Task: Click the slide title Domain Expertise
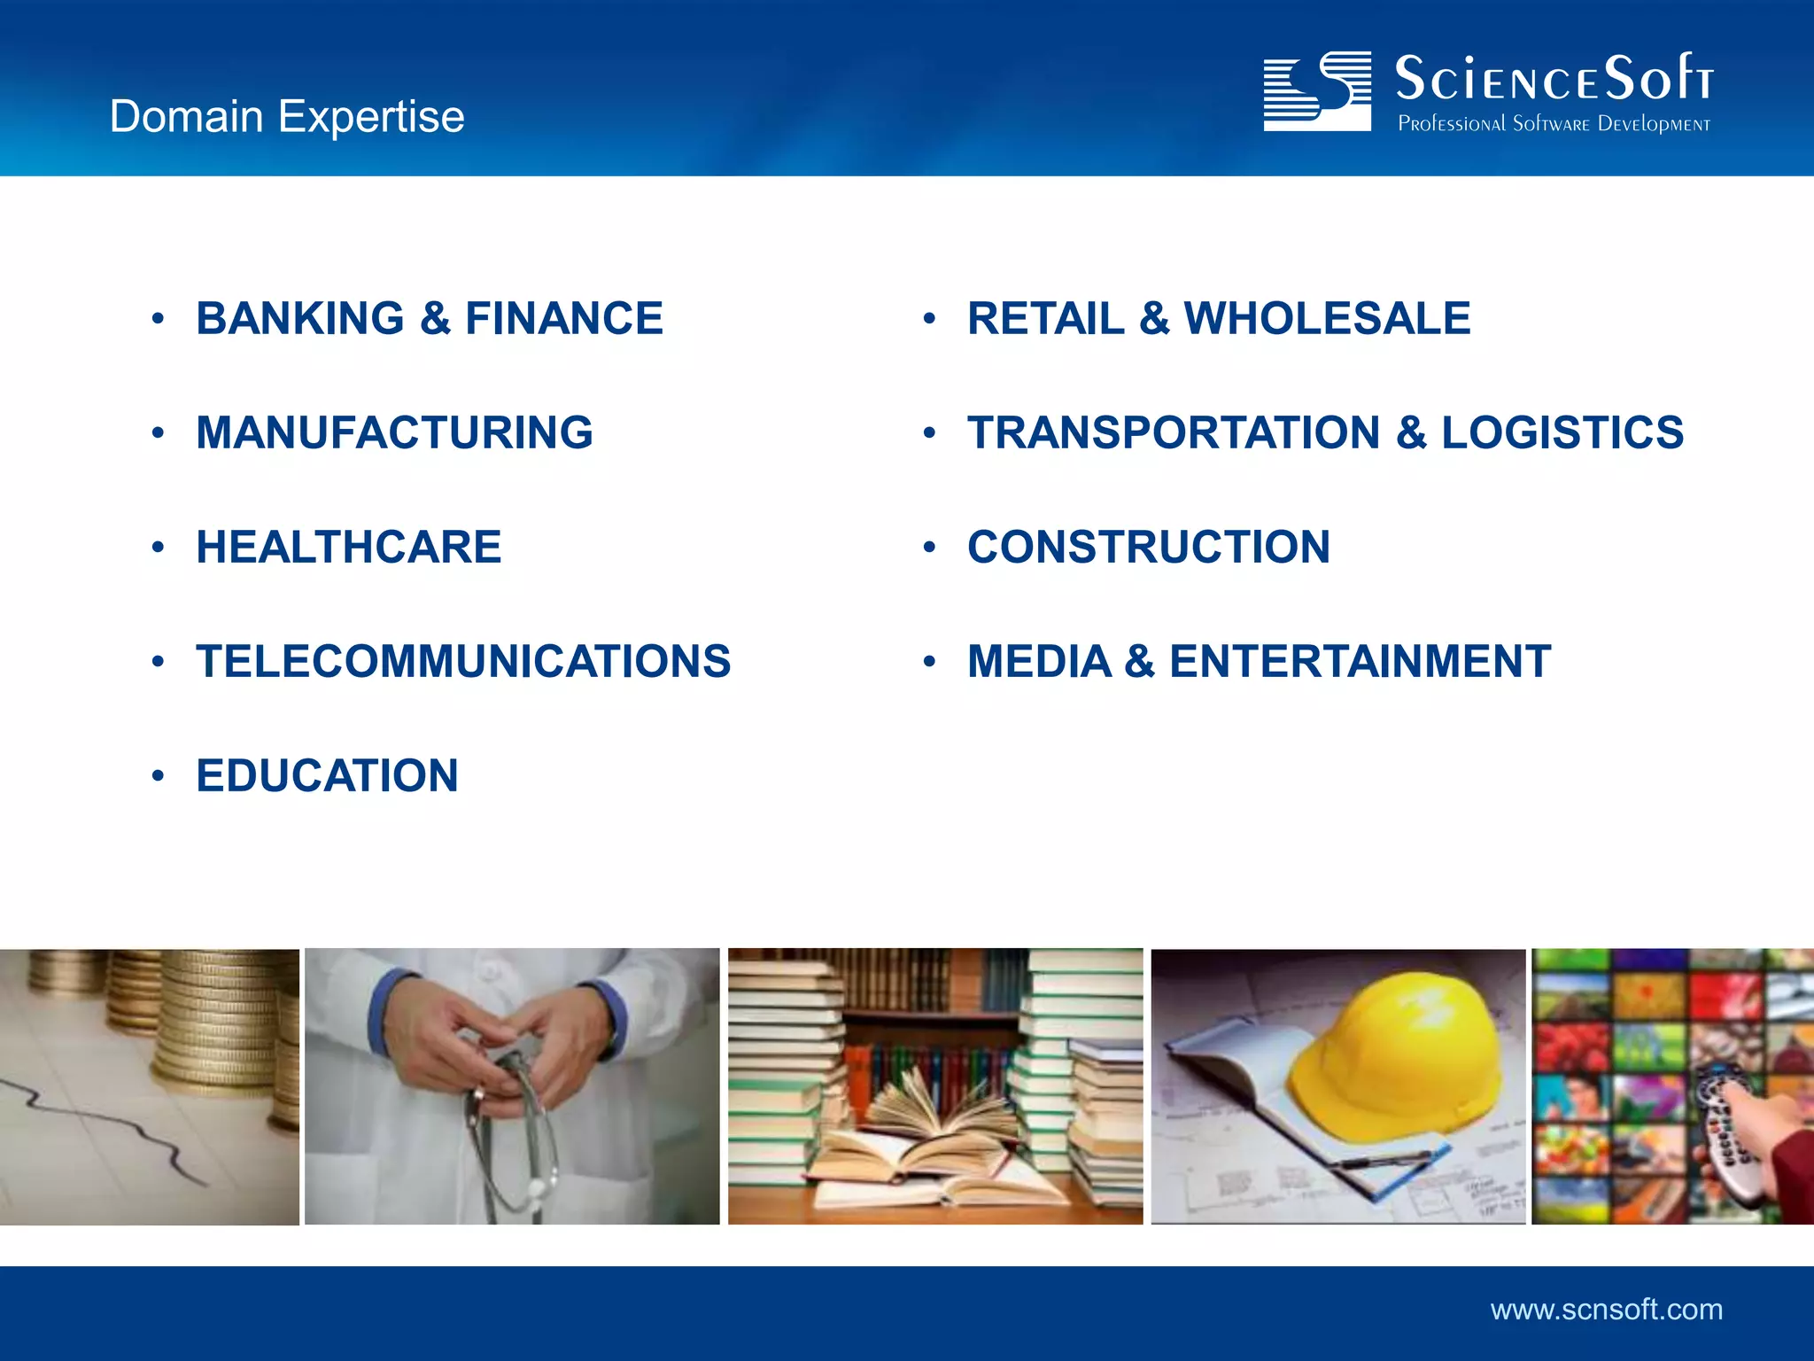pyautogui.click(x=287, y=117)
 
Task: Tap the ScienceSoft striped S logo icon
pyautogui.click(x=1317, y=91)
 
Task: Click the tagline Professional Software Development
pyautogui.click(x=1554, y=124)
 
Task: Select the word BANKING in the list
pyautogui.click(x=300, y=319)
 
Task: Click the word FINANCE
pyautogui.click(x=563, y=319)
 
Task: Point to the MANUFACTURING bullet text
pyautogui.click(x=394, y=433)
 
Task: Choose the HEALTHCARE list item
pyautogui.click(x=348, y=548)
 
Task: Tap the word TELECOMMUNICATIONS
pyautogui.click(x=463, y=662)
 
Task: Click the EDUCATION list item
pyautogui.click(x=327, y=776)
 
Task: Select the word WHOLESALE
pyautogui.click(x=1327, y=319)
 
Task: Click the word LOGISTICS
pyautogui.click(x=1562, y=433)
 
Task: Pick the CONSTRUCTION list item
pyautogui.click(x=1149, y=548)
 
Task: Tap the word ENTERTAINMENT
pyautogui.click(x=1360, y=662)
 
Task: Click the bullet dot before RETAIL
pyautogui.click(x=929, y=319)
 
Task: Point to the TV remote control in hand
pyautogui.click(x=1727, y=1134)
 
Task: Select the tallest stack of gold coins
pyautogui.click(x=221, y=1019)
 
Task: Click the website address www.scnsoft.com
pyautogui.click(x=1607, y=1310)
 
